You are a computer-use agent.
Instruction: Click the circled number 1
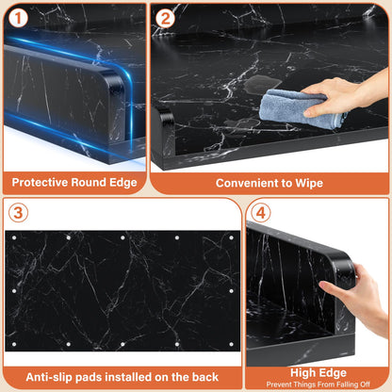coord(18,18)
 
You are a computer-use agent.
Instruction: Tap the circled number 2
coord(165,18)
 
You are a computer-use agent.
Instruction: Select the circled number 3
coord(18,213)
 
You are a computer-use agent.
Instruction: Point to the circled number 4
coord(261,213)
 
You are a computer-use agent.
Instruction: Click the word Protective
coord(40,182)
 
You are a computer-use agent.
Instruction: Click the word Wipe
coord(309,184)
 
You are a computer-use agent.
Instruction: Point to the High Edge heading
coord(318,373)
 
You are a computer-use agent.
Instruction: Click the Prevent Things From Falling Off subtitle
coord(318,384)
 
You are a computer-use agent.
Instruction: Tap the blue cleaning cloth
coord(299,108)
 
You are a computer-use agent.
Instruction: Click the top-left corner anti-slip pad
coord(14,237)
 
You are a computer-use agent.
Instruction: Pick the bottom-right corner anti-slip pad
coord(232,344)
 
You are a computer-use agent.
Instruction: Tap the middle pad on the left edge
coord(14,291)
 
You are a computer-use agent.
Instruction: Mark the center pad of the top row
coord(122,237)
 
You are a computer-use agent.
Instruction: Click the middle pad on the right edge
coord(232,291)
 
